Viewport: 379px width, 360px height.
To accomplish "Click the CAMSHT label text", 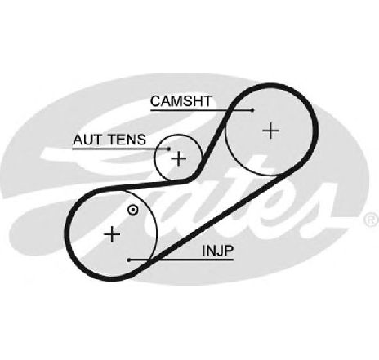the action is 181,101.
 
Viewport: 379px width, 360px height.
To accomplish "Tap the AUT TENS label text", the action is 109,140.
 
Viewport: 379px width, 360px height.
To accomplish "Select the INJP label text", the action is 218,251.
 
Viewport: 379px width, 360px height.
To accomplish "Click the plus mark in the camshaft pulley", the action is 270,131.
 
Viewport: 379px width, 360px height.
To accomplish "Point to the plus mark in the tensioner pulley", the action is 179,158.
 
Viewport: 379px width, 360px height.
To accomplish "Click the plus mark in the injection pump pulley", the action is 112,234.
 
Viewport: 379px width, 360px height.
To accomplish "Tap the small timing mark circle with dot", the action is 133,210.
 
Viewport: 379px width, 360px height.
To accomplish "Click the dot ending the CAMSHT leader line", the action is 252,110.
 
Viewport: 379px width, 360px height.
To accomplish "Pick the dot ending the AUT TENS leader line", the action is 169,149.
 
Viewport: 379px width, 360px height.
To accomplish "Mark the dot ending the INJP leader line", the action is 129,260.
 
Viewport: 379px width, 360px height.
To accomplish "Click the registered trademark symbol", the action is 371,220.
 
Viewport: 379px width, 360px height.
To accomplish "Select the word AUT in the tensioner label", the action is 87,140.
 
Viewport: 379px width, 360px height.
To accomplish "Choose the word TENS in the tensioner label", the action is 127,140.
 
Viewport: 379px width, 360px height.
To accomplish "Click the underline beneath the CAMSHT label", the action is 202,110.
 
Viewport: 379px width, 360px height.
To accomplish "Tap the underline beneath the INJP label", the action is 181,260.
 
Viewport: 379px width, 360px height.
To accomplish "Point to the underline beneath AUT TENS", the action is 121,149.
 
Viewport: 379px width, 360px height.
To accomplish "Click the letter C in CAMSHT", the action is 155,101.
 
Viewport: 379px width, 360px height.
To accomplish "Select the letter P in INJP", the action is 230,251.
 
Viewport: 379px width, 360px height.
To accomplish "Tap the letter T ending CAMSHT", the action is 207,101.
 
